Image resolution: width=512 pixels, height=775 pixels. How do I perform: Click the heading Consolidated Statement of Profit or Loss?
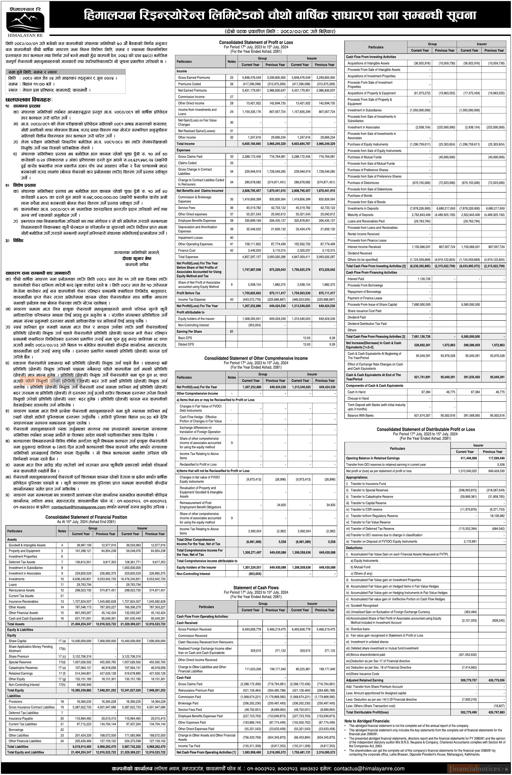pos(256,42)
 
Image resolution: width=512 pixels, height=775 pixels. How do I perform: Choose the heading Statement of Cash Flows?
pos(256,588)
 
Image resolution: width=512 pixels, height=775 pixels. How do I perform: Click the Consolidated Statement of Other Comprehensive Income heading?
pos(256,358)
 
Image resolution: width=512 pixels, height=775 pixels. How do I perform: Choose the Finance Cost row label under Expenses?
pos(187,250)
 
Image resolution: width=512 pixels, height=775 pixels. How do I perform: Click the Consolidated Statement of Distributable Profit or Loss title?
pos(425,429)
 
